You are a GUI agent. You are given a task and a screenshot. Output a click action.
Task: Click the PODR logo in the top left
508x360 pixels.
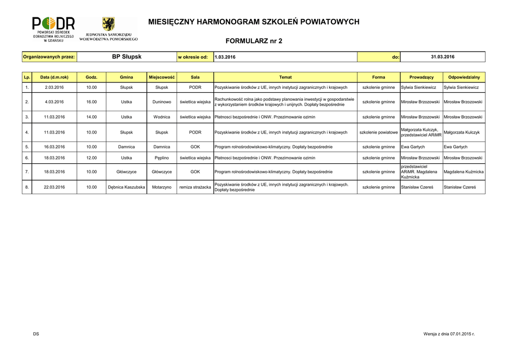tap(54, 29)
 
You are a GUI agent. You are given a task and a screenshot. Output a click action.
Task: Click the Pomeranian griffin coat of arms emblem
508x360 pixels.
tap(108, 25)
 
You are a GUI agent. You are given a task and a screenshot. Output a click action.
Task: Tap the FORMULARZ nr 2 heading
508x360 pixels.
tap(254, 41)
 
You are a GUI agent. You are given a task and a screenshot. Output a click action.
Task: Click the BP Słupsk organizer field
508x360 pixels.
tap(127, 57)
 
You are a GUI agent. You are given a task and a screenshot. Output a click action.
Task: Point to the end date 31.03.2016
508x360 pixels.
tap(443, 57)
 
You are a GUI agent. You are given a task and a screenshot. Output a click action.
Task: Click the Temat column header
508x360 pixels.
tap(285, 77)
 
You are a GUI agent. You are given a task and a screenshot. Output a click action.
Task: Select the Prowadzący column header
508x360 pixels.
tap(421, 77)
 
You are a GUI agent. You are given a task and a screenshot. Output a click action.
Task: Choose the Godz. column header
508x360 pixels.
tap(91, 77)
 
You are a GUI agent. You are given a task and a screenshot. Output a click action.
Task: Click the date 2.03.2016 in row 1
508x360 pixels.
tap(54, 87)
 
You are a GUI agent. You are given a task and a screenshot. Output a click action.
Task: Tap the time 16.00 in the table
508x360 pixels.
tap(91, 102)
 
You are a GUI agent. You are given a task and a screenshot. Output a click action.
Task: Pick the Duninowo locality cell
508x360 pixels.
tap(162, 102)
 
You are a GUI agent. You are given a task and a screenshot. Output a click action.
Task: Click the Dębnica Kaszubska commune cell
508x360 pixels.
tap(126, 187)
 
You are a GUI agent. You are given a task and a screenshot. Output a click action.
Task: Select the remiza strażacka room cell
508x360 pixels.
tap(195, 187)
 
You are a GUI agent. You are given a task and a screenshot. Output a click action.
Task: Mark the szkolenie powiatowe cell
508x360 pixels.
tap(379, 133)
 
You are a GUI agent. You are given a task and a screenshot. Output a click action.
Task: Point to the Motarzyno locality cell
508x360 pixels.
tap(162, 187)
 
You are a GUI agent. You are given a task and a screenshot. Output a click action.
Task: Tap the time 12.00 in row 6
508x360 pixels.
tap(91, 158)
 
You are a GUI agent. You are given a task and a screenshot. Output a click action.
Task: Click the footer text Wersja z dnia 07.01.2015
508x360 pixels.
tap(449, 334)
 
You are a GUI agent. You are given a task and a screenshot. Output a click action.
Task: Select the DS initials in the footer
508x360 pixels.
tap(36, 334)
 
